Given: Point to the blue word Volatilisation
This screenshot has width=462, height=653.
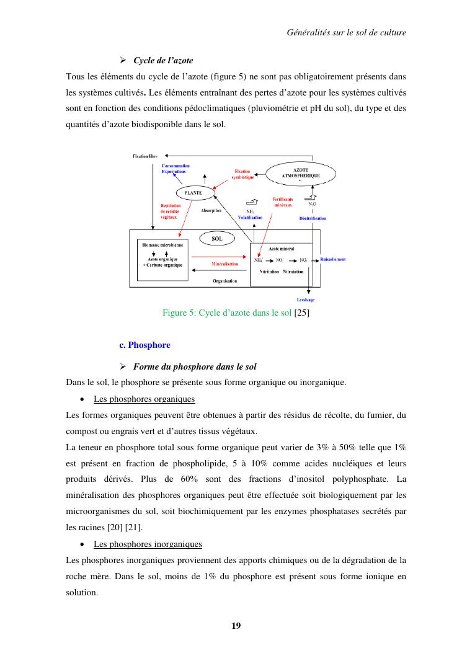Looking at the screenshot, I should (x=251, y=218).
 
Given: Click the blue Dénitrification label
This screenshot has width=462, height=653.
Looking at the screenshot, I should (x=313, y=218).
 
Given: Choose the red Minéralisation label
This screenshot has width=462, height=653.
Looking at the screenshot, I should (x=225, y=264).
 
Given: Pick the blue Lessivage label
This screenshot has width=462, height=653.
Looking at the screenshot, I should (x=306, y=300).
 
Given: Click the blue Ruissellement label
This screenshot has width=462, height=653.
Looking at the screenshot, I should (x=333, y=259).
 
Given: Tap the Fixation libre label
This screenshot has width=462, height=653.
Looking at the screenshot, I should (x=146, y=156).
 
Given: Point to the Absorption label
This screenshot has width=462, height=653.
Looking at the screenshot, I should (x=211, y=211).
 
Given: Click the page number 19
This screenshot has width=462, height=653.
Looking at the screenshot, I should (x=236, y=625).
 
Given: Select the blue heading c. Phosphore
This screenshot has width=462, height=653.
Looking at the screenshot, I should (x=144, y=345).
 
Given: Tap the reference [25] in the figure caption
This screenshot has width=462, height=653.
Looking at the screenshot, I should (x=301, y=313).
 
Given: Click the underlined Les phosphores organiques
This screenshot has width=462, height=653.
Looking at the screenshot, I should (x=144, y=399).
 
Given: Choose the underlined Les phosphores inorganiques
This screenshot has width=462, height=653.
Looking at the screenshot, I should (x=148, y=544).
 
